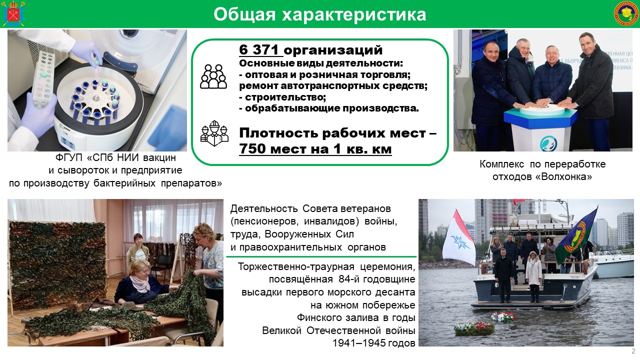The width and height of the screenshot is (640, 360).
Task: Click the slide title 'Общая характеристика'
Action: (319, 15)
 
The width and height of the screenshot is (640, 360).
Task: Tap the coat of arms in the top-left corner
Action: (13, 13)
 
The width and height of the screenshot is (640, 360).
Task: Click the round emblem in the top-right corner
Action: (626, 13)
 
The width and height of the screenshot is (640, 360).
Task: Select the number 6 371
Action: (258, 49)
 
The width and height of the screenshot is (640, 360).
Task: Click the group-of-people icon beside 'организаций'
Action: (213, 76)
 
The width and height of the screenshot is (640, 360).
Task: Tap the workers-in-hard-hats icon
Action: (214, 133)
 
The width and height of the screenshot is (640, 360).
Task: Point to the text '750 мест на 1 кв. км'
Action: (315, 148)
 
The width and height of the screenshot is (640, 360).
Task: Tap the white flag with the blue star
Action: (458, 238)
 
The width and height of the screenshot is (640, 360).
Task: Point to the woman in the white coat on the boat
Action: (533, 276)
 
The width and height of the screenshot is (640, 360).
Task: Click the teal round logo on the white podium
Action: (548, 143)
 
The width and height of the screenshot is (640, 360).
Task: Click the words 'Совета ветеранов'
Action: (346, 208)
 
